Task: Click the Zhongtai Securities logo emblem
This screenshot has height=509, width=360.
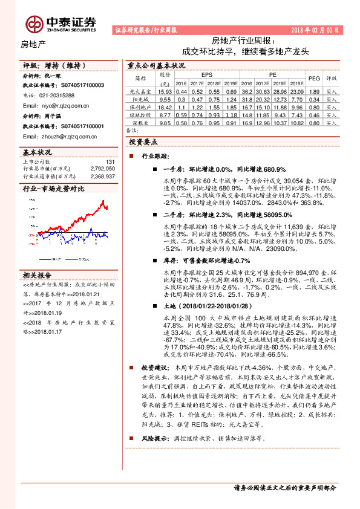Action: pos(34,23)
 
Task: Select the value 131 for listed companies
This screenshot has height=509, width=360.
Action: pos(110,162)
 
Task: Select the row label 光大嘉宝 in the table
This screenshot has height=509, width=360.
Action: pos(140,91)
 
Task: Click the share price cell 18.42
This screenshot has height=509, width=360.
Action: pos(165,106)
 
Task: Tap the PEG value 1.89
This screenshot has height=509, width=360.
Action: pos(313,91)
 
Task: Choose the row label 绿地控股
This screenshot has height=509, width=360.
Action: pos(140,114)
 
